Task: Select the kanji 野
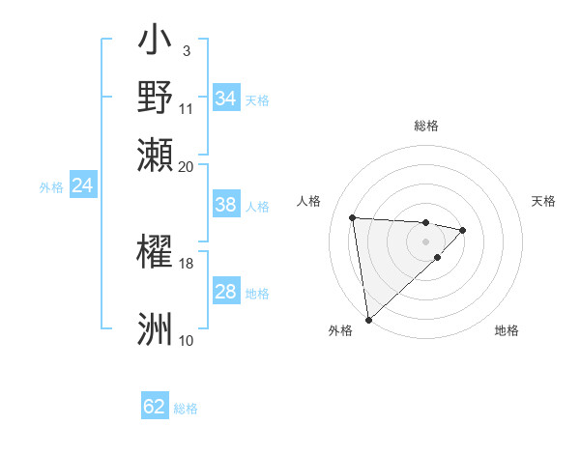[156, 97]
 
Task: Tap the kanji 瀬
[156, 154]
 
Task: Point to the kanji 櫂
[156, 253]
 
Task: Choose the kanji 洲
[156, 328]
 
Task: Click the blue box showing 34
[226, 99]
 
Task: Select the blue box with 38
[225, 205]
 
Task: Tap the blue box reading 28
[225, 292]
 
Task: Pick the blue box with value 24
[82, 185]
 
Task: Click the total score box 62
[155, 407]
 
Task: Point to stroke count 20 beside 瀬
[187, 166]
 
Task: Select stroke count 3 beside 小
[186, 50]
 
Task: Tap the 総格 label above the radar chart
[426, 126]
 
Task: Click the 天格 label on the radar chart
[543, 201]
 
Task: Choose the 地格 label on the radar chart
[507, 330]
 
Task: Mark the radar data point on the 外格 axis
[368, 319]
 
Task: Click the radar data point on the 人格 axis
[353, 217]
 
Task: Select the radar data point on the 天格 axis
[463, 230]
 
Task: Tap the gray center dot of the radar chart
[426, 241]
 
